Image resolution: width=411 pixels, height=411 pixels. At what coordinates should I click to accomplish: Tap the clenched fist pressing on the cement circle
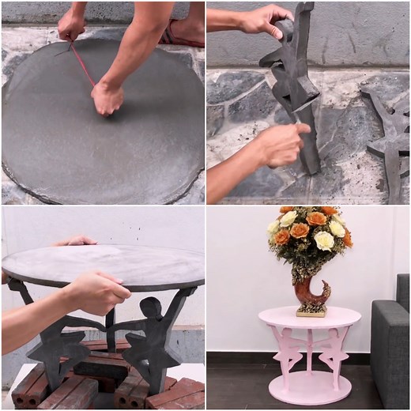coord(107,99)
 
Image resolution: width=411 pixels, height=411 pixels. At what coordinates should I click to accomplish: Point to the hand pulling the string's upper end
coord(71,27)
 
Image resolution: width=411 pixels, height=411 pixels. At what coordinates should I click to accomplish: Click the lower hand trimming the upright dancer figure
coord(281,142)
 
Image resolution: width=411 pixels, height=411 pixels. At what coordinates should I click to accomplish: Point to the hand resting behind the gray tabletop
coord(75,240)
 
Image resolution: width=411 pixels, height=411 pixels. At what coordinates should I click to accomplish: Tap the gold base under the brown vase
coord(310,311)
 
